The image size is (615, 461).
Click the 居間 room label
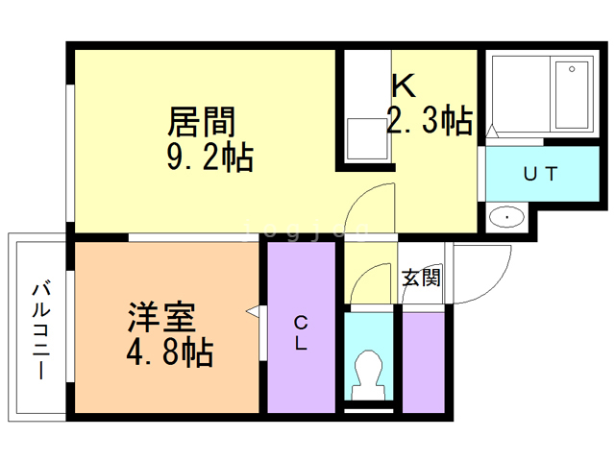(x=202, y=122)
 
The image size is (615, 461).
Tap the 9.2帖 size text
(x=209, y=156)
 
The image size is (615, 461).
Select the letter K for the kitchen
(x=403, y=86)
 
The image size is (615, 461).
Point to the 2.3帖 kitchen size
(x=430, y=121)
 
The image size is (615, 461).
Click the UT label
(x=541, y=174)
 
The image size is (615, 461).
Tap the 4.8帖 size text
(x=169, y=352)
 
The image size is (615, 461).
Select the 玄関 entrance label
(x=421, y=279)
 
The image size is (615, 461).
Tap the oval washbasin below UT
(x=506, y=217)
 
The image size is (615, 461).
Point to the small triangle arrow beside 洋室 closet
(x=253, y=311)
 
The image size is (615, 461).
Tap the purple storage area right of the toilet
(x=422, y=359)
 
